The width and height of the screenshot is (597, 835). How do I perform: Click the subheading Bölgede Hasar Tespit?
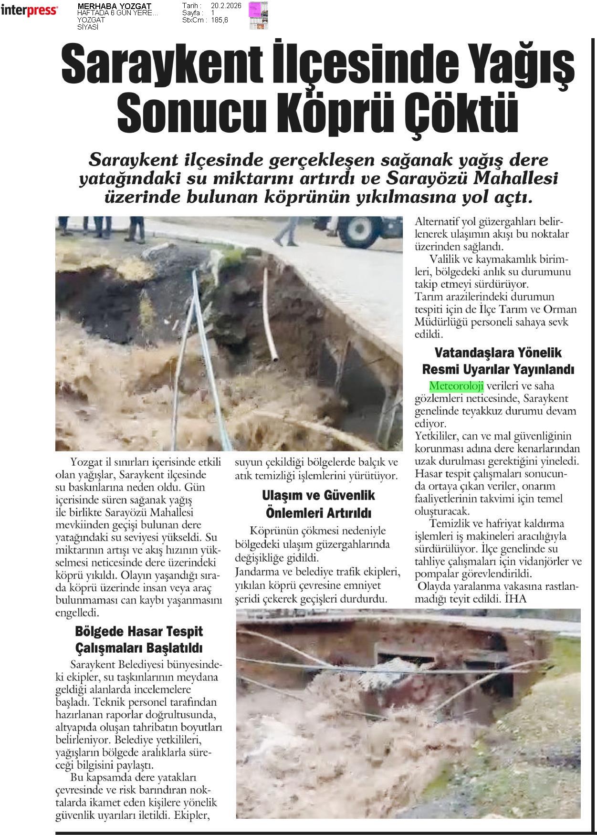(139, 631)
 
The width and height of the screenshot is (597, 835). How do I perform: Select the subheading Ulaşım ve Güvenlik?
(318, 495)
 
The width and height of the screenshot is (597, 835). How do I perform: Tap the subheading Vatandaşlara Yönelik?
(498, 353)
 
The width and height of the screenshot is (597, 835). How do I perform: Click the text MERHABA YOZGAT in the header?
(114, 6)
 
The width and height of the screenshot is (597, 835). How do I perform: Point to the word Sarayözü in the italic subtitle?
(425, 179)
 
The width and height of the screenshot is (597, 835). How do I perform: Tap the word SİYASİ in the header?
(88, 27)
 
